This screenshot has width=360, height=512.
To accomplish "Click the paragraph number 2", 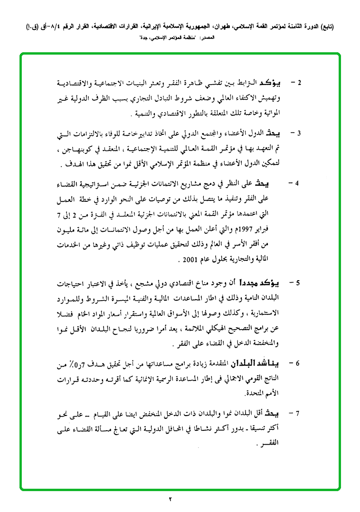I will click(x=300, y=83).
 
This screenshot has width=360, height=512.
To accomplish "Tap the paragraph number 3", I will click(x=300, y=133).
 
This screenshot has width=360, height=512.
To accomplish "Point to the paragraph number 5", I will click(x=298, y=283).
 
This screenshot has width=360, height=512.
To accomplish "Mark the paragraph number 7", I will click(x=297, y=413).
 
